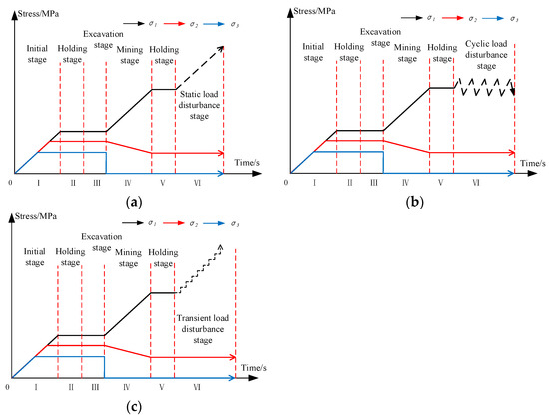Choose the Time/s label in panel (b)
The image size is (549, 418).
[x=532, y=161]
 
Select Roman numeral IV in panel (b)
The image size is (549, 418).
[x=405, y=182]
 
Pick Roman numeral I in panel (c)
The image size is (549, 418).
[x=35, y=386]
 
